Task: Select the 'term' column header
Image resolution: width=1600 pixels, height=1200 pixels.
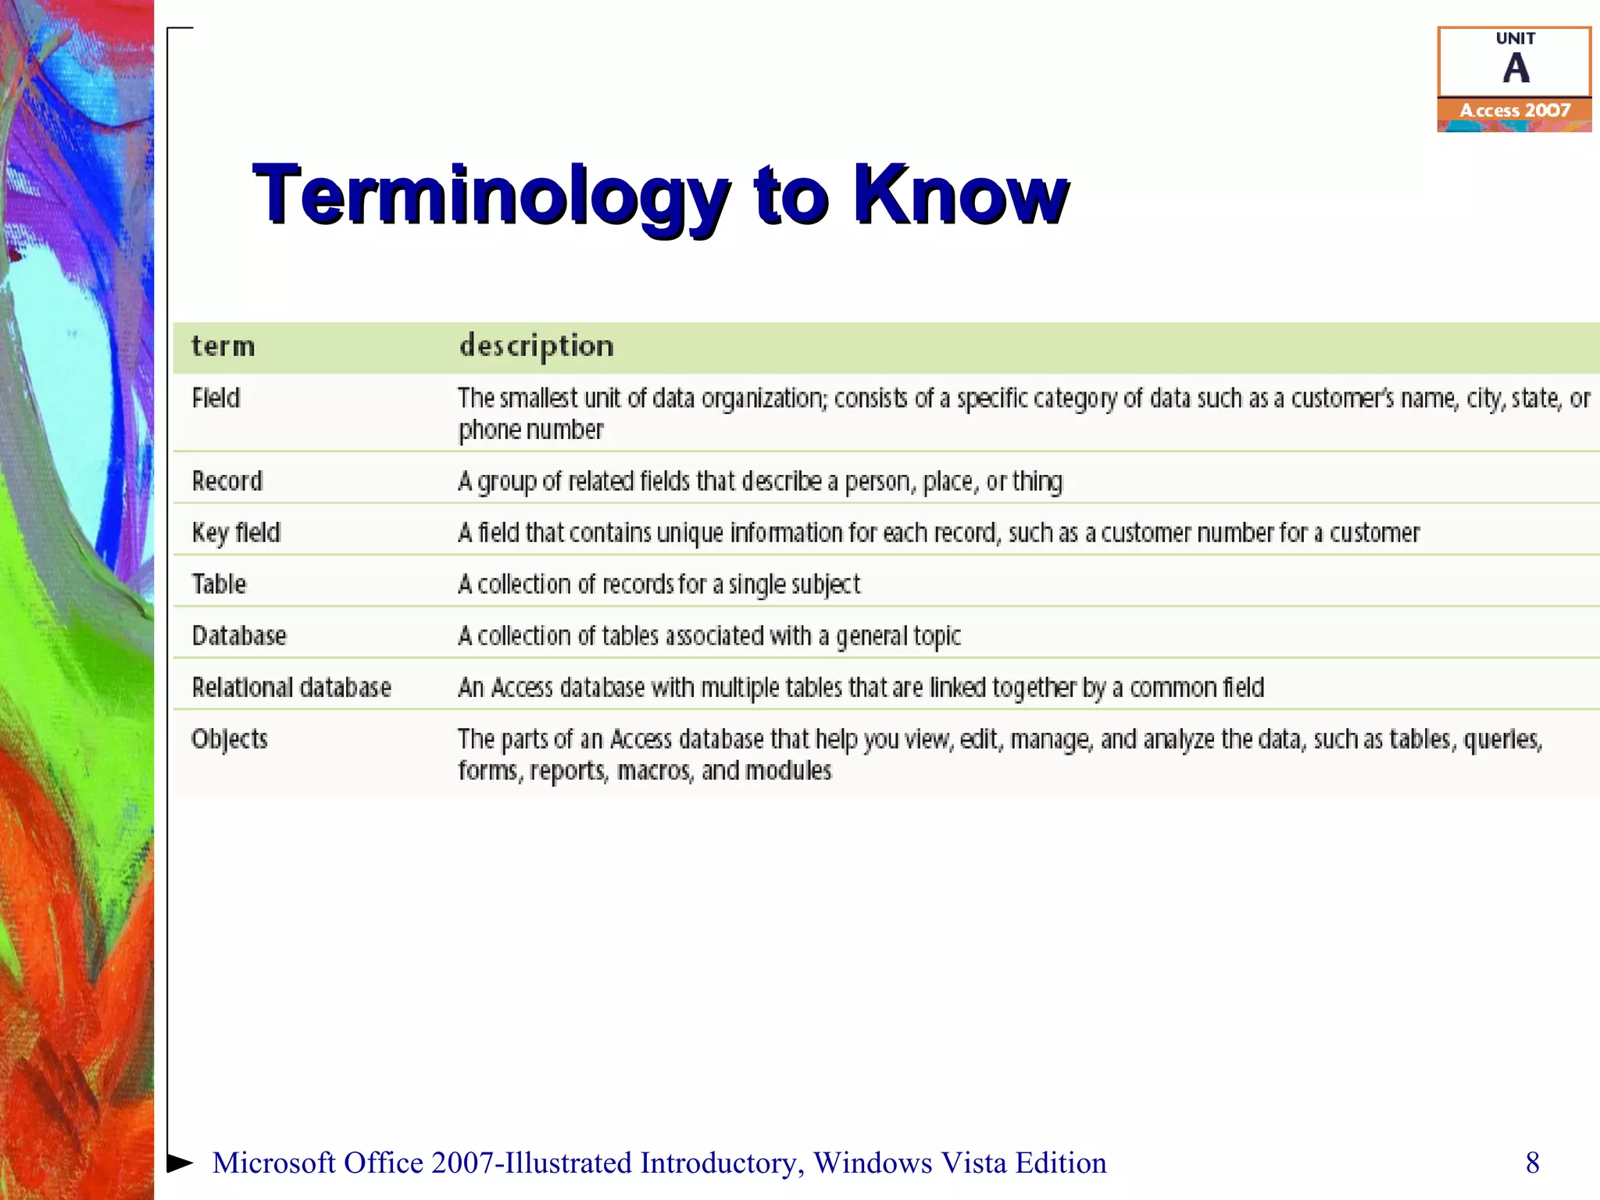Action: click(223, 346)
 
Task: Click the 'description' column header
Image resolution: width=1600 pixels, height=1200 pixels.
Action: click(537, 346)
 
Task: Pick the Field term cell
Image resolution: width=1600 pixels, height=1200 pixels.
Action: click(216, 398)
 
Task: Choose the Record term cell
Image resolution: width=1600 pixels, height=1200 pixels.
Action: click(227, 480)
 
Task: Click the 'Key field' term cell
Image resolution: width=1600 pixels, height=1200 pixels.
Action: click(236, 533)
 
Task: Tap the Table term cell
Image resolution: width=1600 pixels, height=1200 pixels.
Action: click(219, 584)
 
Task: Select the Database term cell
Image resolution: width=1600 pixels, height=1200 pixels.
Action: click(239, 636)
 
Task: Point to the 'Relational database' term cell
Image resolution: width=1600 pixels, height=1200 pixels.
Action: click(291, 687)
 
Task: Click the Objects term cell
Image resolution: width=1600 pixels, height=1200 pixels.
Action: click(230, 739)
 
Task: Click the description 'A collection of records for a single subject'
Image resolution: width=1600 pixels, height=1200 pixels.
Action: click(659, 584)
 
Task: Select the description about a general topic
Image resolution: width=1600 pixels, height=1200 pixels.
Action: click(709, 636)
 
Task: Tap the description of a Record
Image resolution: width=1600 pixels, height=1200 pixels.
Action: click(759, 481)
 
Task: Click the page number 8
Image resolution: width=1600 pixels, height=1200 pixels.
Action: click(1532, 1162)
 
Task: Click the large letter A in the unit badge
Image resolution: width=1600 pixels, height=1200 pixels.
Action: click(1516, 69)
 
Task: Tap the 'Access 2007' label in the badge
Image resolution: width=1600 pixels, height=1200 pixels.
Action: click(1515, 111)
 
